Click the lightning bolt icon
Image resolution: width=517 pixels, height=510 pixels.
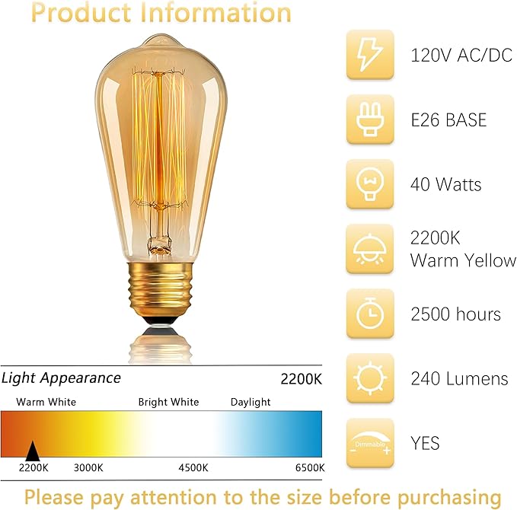click(x=370, y=55)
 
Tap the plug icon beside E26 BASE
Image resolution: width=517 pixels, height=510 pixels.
click(x=370, y=120)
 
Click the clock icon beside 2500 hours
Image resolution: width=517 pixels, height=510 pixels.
click(x=370, y=314)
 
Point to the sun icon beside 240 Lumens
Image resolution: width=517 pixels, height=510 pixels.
click(x=370, y=378)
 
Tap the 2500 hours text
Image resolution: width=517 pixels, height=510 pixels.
click(x=455, y=314)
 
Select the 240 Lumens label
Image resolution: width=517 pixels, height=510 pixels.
click(x=459, y=378)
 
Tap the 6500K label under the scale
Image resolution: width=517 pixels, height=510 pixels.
click(x=310, y=467)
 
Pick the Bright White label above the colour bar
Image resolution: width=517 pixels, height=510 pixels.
click(x=168, y=402)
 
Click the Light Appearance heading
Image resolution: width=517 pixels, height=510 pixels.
click(x=61, y=378)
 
